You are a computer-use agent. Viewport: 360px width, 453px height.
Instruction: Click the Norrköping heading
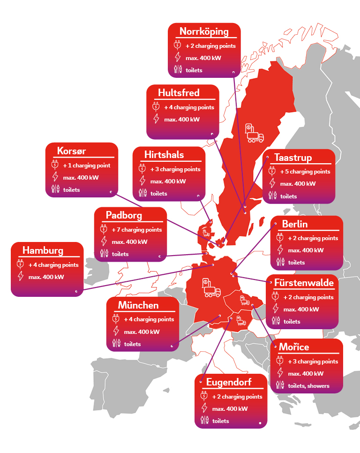[204, 32]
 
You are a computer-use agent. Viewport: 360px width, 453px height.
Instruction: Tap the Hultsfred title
[179, 93]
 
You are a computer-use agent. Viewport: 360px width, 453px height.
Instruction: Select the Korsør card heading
[71, 151]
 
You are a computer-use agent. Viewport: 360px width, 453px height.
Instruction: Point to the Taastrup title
[293, 158]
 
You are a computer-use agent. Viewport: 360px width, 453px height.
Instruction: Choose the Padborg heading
[124, 215]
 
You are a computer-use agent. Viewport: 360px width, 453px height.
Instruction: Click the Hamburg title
[43, 250]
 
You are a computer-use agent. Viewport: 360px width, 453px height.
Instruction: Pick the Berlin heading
[295, 224]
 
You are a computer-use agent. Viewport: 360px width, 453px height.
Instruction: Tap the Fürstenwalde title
[304, 283]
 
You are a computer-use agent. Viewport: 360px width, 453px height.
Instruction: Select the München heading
[138, 305]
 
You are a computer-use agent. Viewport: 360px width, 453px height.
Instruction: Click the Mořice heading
[294, 347]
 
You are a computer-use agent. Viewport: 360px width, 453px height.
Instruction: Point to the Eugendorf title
[229, 382]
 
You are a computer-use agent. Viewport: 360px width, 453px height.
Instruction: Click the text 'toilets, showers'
[308, 386]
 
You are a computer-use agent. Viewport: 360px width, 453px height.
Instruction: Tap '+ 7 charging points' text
[136, 230]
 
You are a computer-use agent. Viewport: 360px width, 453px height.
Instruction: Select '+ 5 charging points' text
[305, 172]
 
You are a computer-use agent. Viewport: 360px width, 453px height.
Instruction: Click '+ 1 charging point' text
[87, 166]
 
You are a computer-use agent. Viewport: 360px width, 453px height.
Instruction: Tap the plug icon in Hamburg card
[20, 264]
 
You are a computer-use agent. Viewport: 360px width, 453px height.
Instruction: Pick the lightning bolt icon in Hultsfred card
[156, 119]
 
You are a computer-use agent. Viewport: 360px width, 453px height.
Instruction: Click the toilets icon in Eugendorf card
[204, 421]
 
